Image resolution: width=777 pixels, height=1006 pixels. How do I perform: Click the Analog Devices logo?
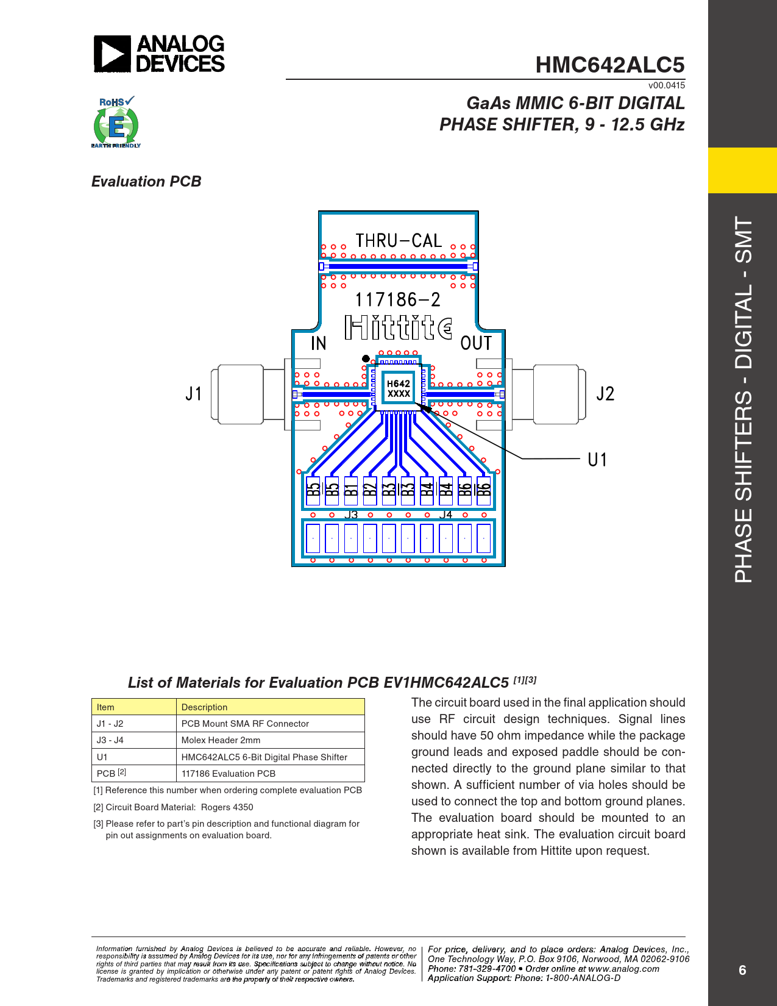(159, 54)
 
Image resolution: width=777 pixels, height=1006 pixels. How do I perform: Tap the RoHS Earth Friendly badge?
(116, 122)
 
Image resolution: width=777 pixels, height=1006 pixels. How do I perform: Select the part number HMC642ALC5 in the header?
(609, 65)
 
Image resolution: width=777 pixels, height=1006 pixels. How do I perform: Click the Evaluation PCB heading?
(146, 182)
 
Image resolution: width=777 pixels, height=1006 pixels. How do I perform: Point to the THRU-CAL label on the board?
(399, 241)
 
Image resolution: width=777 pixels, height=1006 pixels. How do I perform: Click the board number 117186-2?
(397, 299)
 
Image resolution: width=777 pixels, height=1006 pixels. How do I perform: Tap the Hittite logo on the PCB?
(398, 327)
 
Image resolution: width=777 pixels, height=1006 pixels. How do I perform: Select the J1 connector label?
(193, 394)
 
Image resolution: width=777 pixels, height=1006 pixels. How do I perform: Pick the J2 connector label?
(605, 394)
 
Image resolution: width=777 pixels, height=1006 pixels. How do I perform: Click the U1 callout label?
(597, 460)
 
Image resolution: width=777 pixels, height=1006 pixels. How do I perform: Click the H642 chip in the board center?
(399, 388)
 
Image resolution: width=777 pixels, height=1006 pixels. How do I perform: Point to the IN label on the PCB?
(318, 344)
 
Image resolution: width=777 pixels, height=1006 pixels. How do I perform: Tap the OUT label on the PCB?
(476, 344)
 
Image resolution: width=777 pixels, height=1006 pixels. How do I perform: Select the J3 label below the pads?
(351, 515)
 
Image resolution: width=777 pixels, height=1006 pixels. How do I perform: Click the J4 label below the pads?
(446, 515)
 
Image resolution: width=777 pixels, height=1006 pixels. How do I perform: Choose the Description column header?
(204, 707)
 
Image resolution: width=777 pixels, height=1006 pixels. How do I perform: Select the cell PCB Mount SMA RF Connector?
(245, 724)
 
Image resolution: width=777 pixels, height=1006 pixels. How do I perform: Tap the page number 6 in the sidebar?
(742, 970)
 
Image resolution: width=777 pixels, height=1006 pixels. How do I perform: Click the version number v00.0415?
(666, 85)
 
